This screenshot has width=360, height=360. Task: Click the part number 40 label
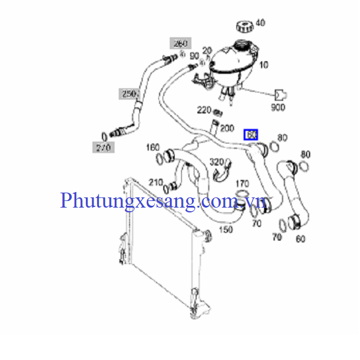pos(260,23)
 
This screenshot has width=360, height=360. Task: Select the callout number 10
pos(264,65)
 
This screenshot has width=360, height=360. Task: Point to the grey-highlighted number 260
pos(181,43)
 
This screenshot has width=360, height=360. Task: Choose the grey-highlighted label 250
pos(128,94)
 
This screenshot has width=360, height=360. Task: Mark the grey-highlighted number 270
pos(103,146)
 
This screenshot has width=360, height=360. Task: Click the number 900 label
pos(278,108)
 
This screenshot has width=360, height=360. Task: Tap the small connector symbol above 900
pos(280,94)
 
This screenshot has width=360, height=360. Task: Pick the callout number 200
pos(227,128)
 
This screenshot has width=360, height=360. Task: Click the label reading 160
pos(152,147)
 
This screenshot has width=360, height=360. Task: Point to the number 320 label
pos(216,161)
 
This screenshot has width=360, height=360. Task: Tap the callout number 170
pos(242,183)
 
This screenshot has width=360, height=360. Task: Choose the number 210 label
pos(156,182)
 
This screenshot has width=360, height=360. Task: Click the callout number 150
pos(226,229)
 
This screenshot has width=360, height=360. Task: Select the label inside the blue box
pos(251,135)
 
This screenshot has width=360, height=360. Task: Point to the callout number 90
pos(194,56)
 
